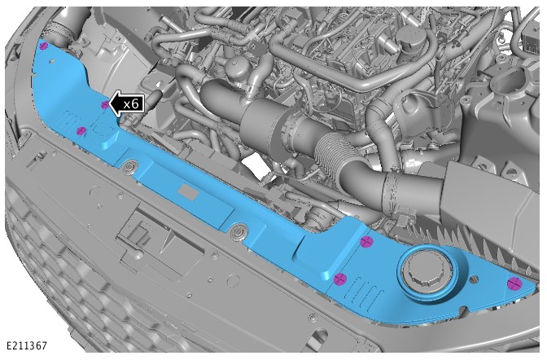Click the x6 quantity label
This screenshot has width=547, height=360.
[131, 103]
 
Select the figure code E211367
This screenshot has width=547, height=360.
[27, 346]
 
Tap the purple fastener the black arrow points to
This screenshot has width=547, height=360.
[105, 105]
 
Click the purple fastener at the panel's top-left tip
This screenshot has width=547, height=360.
[43, 46]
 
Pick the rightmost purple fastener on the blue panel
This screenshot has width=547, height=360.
[514, 283]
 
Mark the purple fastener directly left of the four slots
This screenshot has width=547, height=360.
[339, 279]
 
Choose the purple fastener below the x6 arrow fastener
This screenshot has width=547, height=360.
[81, 131]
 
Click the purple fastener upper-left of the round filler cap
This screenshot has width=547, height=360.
[366, 241]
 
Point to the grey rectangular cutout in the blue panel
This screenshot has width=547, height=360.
[188, 192]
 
